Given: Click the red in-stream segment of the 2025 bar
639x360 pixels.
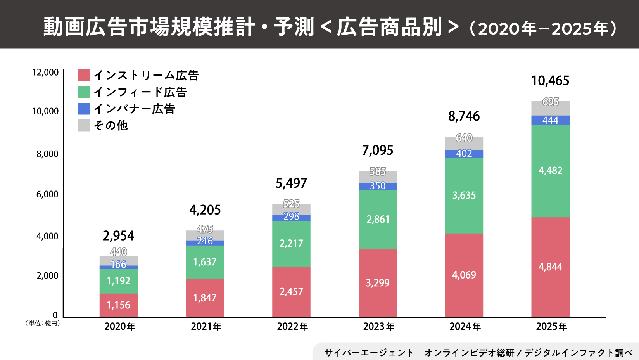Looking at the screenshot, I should click(x=550, y=267).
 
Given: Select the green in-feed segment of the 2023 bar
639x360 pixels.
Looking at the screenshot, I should click(x=378, y=220).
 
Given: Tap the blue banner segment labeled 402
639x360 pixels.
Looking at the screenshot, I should click(x=464, y=154).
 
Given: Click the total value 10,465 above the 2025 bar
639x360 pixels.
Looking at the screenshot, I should click(x=550, y=81).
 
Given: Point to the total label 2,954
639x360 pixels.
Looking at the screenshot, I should click(x=118, y=236).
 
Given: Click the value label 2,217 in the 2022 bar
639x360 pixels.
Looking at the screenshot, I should click(x=291, y=243).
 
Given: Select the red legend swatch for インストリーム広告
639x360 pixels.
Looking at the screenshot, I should click(x=84, y=75).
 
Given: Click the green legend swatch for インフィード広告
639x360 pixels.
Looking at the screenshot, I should click(x=84, y=92).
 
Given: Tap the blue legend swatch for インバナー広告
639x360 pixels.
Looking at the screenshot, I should click(x=84, y=109).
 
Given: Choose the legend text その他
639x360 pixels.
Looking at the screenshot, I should click(x=111, y=125).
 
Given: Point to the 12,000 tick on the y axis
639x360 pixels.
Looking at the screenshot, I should click(x=45, y=73).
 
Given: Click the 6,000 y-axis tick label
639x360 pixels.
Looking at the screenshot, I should click(x=47, y=194).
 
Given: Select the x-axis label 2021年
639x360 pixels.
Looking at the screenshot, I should click(x=206, y=327).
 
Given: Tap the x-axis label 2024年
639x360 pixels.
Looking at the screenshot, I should click(x=465, y=327).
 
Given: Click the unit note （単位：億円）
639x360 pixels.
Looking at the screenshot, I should click(x=43, y=323).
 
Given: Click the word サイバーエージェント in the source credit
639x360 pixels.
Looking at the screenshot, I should click(x=369, y=353).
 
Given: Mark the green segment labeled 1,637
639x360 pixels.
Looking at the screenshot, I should click(x=205, y=262).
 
